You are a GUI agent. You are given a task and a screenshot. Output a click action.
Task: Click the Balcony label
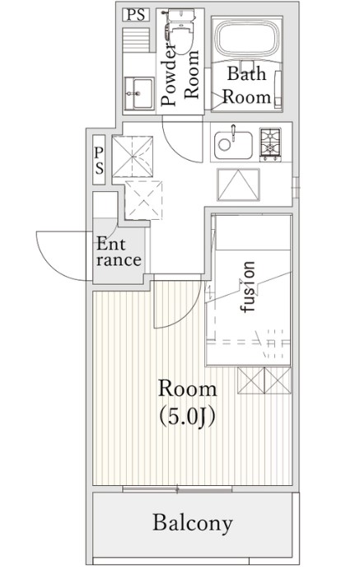193,524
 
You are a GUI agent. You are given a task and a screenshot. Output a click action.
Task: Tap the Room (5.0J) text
187,403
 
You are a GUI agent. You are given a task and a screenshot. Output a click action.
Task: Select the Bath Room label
246,86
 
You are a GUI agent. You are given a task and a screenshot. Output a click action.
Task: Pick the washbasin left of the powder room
138,93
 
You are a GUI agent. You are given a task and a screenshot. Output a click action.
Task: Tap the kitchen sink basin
233,145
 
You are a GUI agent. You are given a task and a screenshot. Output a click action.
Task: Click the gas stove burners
270,144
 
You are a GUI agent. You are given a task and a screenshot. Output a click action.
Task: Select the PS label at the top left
136,15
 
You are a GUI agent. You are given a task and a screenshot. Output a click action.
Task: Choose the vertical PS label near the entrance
99,160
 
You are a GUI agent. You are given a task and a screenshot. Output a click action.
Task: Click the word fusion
248,287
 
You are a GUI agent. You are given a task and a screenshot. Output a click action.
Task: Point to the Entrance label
118,251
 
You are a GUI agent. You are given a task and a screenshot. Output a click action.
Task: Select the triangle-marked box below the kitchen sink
238,185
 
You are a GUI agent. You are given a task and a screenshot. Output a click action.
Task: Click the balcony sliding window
177,489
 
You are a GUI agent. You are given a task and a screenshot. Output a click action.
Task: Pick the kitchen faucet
233,133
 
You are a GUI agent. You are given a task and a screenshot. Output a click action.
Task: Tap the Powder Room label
180,77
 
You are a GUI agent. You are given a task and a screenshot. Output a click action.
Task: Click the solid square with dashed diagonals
133,157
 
